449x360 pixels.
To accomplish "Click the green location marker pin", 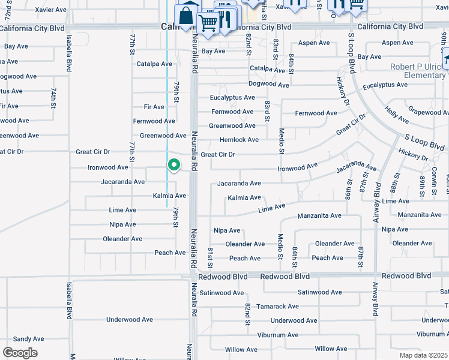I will [x=173, y=164].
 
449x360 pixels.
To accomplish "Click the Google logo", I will [x=20, y=352].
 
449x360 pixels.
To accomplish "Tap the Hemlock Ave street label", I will [x=240, y=140].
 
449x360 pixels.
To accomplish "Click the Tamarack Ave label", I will [x=277, y=307].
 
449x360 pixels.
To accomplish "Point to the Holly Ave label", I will [x=397, y=113].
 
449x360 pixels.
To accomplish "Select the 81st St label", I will [x=211, y=257].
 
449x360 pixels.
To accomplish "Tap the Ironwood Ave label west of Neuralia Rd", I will [x=108, y=167].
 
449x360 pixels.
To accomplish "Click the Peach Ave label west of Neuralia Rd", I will [x=170, y=253].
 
